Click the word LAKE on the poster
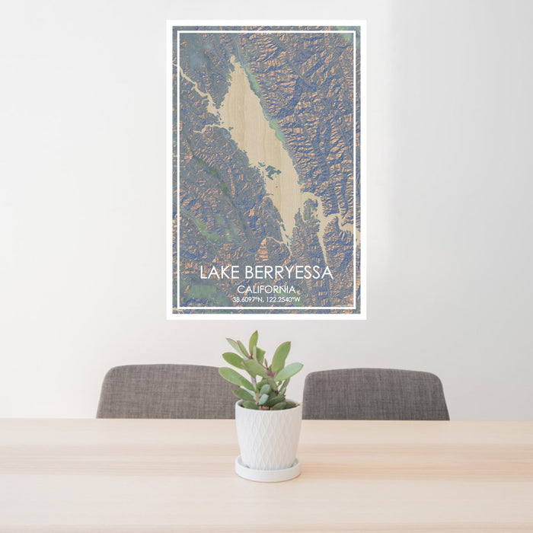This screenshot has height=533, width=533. pos(219,273)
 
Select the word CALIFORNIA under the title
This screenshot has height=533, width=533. pos(266,289)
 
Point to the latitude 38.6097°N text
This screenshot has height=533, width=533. pos(249,299)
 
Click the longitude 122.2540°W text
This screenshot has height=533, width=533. pos(284,299)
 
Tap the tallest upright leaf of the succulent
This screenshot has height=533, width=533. pos(253,343)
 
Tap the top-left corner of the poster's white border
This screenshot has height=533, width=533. pos(168,22)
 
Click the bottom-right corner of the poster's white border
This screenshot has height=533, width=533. pos(365,318)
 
